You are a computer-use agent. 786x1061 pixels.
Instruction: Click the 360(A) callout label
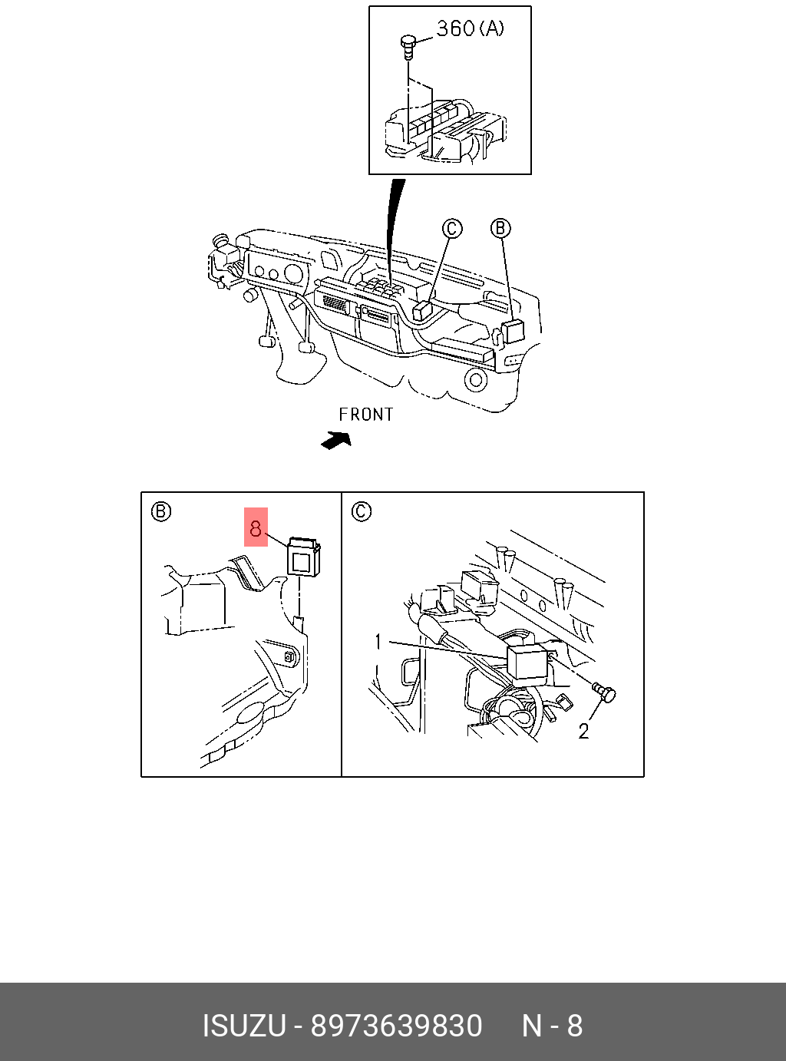click(471, 28)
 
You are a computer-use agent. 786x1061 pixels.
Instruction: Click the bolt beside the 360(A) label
click(407, 46)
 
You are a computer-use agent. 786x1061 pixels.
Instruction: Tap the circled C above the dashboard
click(451, 228)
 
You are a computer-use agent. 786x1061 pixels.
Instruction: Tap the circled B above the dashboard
click(500, 228)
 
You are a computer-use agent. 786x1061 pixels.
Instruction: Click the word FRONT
click(366, 415)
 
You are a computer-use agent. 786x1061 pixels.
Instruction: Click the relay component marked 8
click(303, 557)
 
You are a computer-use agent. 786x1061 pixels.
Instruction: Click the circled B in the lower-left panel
click(160, 512)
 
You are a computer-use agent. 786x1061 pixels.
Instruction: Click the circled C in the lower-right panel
click(362, 511)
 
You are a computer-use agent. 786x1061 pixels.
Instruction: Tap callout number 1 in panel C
click(378, 642)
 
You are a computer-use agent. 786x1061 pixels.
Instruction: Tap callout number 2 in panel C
click(583, 731)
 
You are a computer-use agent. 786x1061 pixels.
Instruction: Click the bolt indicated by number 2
click(604, 693)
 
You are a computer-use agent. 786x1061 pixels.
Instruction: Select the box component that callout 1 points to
click(527, 662)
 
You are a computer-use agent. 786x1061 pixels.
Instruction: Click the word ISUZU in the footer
click(244, 1026)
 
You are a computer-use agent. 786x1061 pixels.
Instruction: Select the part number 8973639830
click(397, 1026)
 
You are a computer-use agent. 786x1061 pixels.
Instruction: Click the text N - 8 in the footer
click(552, 1026)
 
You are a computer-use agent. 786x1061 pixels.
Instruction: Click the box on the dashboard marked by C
click(423, 310)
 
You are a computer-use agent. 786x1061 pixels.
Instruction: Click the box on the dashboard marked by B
click(513, 331)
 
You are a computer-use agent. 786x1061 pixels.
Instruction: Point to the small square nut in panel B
click(289, 656)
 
